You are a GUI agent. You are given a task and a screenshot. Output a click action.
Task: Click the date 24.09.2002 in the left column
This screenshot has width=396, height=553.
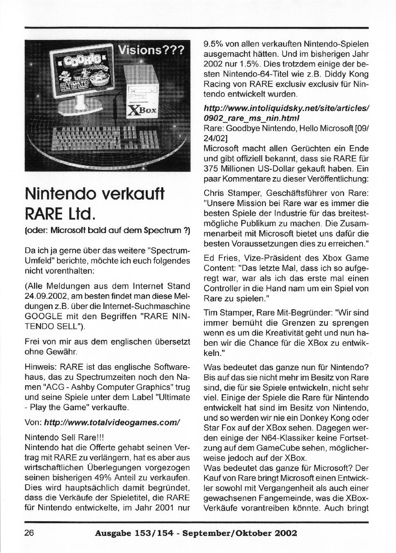tap(44, 296)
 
